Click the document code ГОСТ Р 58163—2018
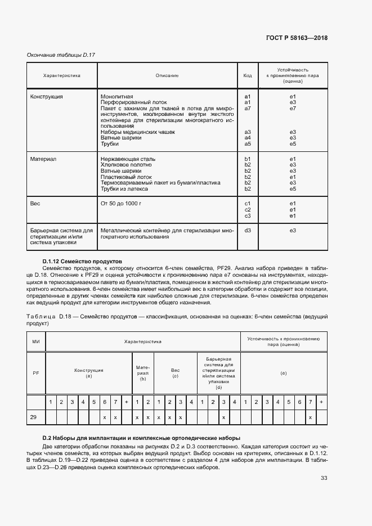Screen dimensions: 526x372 297,38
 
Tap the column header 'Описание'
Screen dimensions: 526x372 167,75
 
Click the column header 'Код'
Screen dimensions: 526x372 247,75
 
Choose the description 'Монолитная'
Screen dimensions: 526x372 116,97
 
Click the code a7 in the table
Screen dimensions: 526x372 247,109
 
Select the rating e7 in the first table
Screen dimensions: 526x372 293,109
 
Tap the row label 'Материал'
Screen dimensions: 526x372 43,159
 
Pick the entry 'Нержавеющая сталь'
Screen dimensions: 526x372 128,159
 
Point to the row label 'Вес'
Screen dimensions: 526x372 35,203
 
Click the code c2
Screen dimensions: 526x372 247,209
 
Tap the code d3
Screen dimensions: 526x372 247,230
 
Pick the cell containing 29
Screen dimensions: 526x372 36,417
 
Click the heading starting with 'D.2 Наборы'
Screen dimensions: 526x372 141,438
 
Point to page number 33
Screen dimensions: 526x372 324,478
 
